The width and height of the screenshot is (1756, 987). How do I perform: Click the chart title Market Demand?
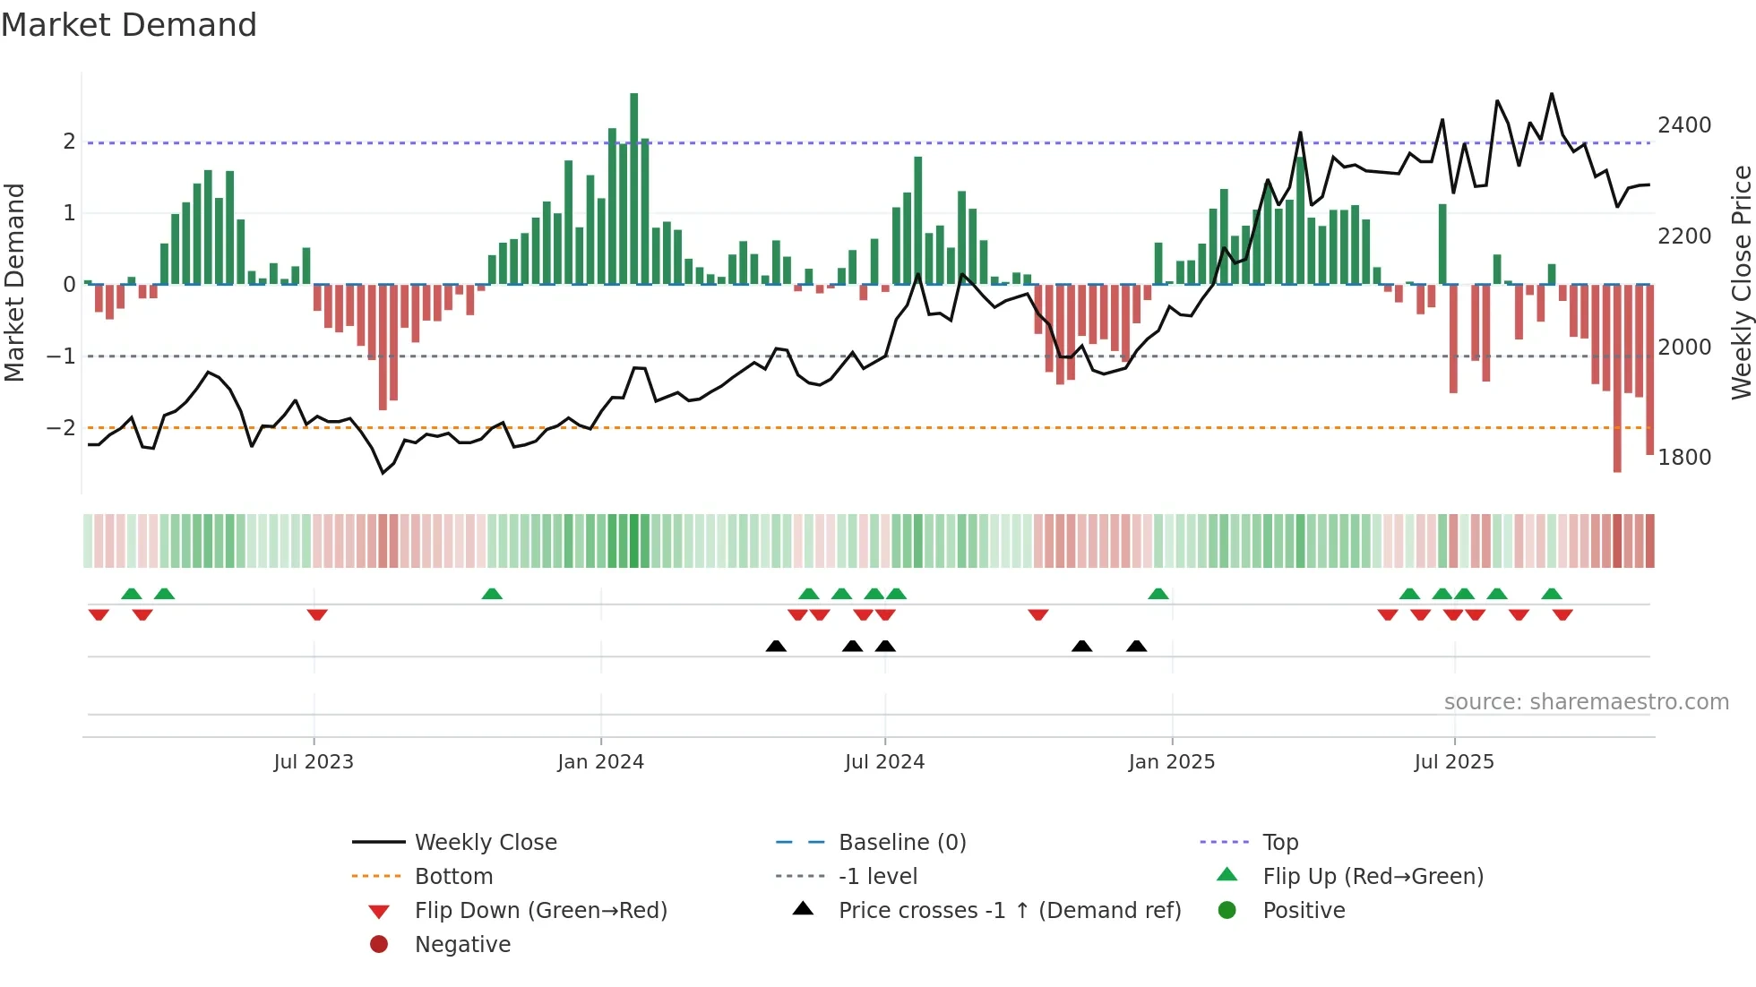[129, 25]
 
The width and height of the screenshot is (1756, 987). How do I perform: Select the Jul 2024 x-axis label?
[884, 762]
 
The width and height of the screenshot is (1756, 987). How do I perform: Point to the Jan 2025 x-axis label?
[1171, 762]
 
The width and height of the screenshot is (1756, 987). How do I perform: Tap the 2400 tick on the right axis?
[1684, 125]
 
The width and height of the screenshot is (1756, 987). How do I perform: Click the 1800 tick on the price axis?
[1684, 458]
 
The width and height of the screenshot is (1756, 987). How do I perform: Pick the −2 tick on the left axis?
[61, 428]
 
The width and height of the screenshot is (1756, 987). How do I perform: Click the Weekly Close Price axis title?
[1741, 282]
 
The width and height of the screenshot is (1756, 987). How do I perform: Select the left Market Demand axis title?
[14, 282]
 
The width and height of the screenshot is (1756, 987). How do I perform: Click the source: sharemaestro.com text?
[1586, 702]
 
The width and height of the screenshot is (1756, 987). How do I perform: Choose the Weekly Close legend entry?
[486, 843]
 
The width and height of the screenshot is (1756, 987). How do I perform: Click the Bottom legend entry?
[453, 877]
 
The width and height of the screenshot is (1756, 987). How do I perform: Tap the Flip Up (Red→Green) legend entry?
[1373, 877]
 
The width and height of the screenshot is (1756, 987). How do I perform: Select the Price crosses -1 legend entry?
[1010, 911]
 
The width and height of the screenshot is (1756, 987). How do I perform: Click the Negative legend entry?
[462, 945]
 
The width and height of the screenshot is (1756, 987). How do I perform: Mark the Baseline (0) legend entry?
[902, 843]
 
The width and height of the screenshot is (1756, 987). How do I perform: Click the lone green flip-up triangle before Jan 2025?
[1158, 594]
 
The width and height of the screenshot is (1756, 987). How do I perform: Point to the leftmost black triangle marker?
[776, 646]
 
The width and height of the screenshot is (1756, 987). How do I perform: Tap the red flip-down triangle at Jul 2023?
[317, 614]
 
